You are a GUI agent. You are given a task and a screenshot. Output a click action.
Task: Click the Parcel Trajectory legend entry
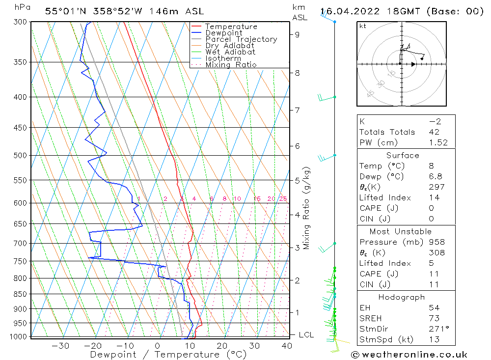[x=241, y=39]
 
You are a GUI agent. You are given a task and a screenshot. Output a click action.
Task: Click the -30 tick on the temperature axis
[x=60, y=346]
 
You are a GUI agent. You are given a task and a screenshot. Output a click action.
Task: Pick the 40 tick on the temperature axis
[x=287, y=346]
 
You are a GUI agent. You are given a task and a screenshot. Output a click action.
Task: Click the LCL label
[x=306, y=335]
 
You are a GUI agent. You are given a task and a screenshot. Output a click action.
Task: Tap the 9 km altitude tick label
[x=298, y=34]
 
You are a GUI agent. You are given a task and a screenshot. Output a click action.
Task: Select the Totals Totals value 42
[x=434, y=132]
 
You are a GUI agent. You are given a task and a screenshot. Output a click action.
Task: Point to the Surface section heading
[x=403, y=156]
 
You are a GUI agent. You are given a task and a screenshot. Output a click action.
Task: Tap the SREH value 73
[x=434, y=319]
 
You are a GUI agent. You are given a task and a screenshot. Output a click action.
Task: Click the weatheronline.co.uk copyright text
[x=409, y=355]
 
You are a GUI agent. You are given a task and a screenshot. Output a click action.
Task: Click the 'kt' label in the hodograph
[x=363, y=26]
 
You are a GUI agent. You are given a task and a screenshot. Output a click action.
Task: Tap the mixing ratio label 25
[x=283, y=199]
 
